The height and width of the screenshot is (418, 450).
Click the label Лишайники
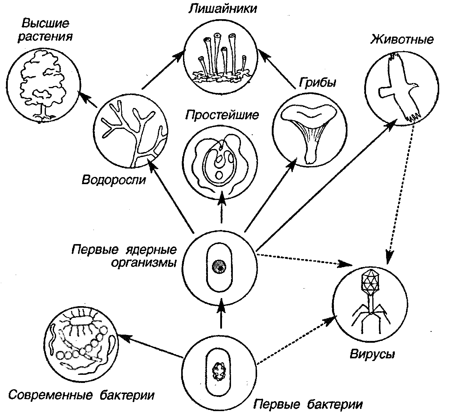(222, 9)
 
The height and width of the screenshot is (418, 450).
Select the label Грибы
(317, 83)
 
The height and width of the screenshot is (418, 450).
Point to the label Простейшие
(222, 115)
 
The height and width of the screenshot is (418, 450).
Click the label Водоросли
(114, 180)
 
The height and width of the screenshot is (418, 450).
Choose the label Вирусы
(372, 354)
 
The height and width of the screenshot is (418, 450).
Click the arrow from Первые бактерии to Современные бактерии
(150, 347)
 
